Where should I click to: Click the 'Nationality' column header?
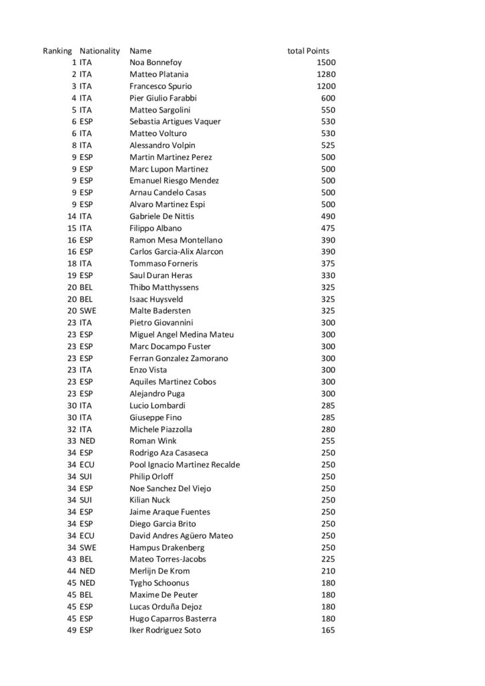[x=99, y=51]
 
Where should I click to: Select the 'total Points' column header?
[x=308, y=51]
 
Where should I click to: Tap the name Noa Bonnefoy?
[x=155, y=62]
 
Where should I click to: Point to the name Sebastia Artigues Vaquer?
[x=175, y=122]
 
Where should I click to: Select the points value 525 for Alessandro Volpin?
[x=328, y=145]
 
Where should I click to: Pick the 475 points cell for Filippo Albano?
[x=328, y=228]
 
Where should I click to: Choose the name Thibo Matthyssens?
[x=163, y=287]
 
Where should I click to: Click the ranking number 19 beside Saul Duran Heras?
[x=72, y=275]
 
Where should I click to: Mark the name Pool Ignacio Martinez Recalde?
[x=184, y=465]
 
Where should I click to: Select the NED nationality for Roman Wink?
[x=88, y=441]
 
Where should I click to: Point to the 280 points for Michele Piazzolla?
[x=328, y=429]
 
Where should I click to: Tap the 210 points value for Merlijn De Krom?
[x=328, y=571]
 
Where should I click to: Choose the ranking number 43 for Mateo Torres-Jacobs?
[x=72, y=559]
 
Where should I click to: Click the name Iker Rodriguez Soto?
[x=165, y=630]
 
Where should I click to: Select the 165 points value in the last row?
[x=328, y=630]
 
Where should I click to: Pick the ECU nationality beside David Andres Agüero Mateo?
[x=88, y=536]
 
